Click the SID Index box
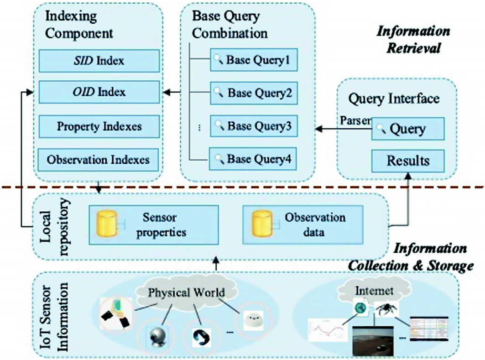tap(99, 61)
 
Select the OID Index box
tap(99, 92)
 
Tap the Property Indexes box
tap(99, 126)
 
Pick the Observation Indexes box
tap(99, 160)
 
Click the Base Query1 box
tap(253, 60)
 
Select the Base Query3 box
tap(253, 125)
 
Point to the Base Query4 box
tap(253, 159)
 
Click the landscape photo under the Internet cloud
tap(373, 339)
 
